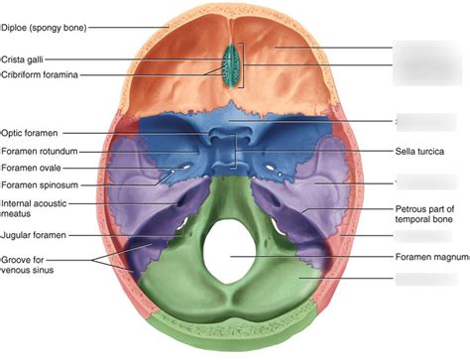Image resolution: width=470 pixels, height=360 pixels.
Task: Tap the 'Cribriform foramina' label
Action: (41, 74)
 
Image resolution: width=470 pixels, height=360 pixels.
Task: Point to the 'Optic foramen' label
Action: (31, 131)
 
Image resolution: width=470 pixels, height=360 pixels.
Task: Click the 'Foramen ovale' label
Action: (33, 168)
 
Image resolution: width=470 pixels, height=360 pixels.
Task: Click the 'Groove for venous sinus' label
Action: (28, 264)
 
